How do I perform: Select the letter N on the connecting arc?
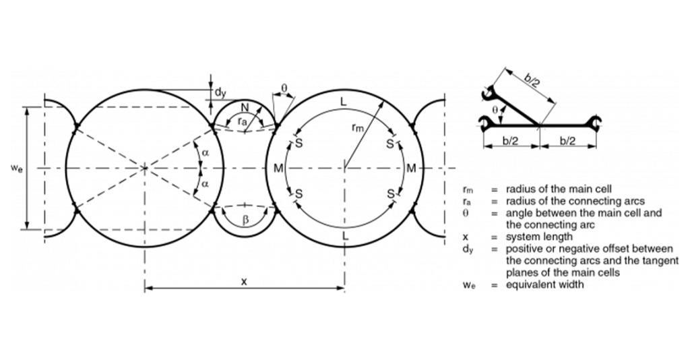[x=245, y=107]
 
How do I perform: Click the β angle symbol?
[x=245, y=220]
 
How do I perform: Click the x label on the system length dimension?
[x=244, y=281]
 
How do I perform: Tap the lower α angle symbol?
[x=205, y=185]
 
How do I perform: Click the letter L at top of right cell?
[x=344, y=102]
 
